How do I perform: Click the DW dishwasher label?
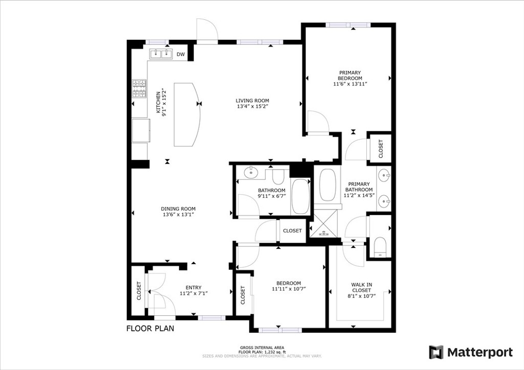tap(181, 54)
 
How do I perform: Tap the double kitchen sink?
tap(161, 54)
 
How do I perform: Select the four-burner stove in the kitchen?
tap(139, 88)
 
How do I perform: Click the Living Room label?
tap(252, 101)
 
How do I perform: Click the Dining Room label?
tap(179, 209)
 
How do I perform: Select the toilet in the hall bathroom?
tap(278, 177)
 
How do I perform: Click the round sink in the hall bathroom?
tap(251, 173)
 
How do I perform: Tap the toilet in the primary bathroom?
tap(380, 247)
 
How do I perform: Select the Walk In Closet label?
tap(362, 287)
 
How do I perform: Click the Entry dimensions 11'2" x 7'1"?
tap(194, 293)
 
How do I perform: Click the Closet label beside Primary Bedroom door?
tap(381, 149)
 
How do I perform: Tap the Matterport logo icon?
tap(436, 352)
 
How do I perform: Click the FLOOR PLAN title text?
tap(150, 328)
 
